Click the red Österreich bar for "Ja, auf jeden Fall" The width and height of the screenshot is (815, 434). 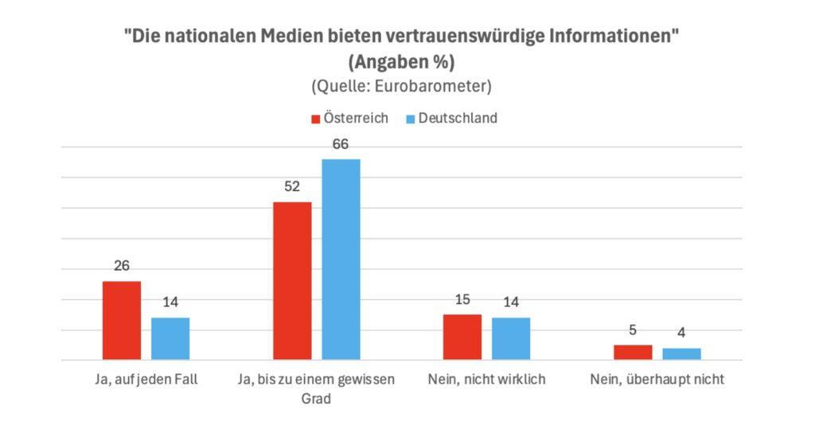[x=122, y=320]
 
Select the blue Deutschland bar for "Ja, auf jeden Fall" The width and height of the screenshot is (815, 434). [x=170, y=338]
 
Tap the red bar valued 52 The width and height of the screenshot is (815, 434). [x=292, y=280]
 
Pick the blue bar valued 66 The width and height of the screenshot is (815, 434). [x=341, y=259]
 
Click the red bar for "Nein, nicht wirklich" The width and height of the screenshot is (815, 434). [x=462, y=337]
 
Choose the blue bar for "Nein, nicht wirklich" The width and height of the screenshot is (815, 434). [x=511, y=338]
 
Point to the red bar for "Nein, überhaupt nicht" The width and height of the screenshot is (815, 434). [x=633, y=352]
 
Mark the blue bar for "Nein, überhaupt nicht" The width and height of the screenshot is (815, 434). [x=681, y=354]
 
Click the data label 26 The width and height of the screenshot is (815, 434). [x=122, y=267]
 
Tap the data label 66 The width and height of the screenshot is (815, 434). [x=341, y=144]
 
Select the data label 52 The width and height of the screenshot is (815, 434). [x=292, y=187]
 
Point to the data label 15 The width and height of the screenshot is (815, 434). [x=462, y=300]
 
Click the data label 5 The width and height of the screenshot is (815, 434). [x=633, y=330]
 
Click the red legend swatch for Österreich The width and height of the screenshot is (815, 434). [x=315, y=119]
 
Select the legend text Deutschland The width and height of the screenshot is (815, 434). [x=458, y=118]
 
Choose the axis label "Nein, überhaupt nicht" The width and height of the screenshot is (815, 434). [x=657, y=380]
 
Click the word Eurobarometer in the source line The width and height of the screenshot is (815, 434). [x=437, y=85]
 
